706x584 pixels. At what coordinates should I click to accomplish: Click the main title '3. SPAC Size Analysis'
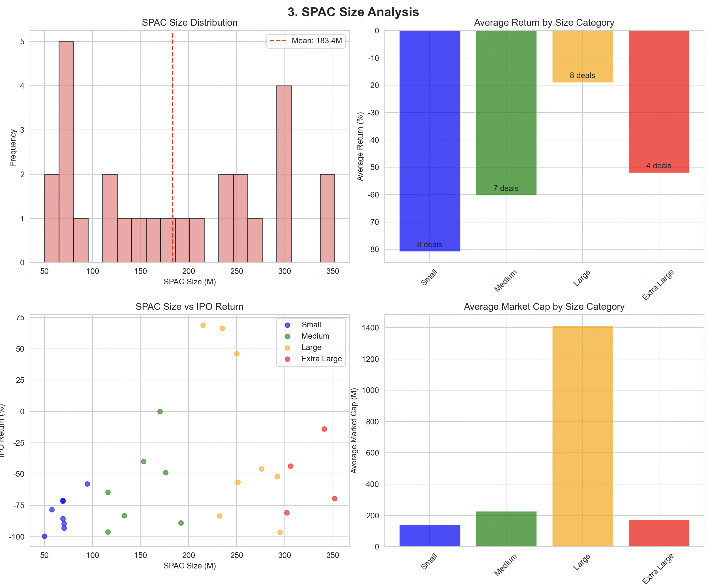(353, 12)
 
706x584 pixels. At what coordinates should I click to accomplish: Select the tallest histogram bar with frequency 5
(66, 151)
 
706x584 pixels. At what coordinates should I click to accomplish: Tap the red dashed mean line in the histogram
(173, 134)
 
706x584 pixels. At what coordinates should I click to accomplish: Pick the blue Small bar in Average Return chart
(429, 141)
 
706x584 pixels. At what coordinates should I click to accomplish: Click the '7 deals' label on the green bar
(506, 188)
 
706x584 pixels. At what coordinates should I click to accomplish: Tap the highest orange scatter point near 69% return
(203, 325)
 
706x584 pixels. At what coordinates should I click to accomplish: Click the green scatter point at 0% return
(160, 412)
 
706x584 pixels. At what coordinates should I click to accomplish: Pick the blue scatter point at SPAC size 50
(44, 536)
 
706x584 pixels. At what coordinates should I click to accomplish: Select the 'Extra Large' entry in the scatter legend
(321, 359)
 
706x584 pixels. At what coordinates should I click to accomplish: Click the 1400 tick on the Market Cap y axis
(370, 328)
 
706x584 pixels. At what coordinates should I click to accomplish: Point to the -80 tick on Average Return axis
(373, 249)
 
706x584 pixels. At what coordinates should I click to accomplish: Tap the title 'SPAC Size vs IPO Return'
(189, 306)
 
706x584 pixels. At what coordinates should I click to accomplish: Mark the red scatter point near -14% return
(324, 429)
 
